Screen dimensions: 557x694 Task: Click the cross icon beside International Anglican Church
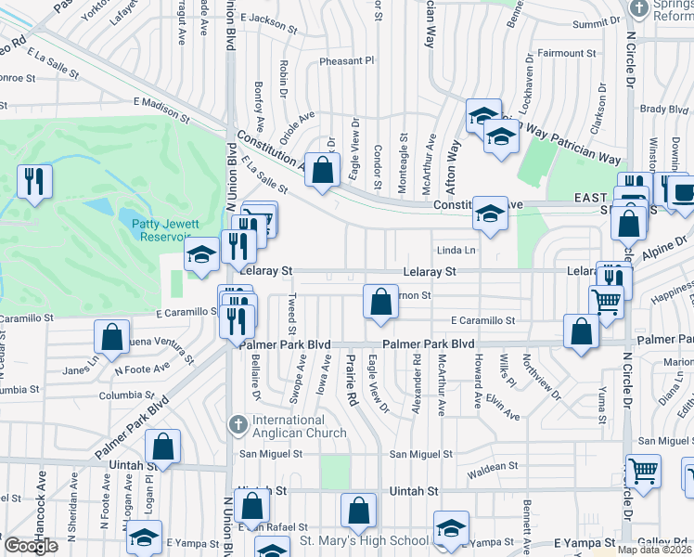[x=238, y=425]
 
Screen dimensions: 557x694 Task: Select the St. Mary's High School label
[x=364, y=541]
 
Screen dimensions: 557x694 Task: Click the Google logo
[x=31, y=546]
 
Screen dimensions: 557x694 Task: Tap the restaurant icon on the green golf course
[x=34, y=181]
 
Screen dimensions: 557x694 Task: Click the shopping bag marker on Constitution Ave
[x=322, y=171]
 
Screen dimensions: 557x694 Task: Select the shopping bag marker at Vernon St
[x=379, y=301]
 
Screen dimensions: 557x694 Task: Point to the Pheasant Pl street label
[x=346, y=61]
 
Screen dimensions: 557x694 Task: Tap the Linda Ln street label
[x=456, y=251]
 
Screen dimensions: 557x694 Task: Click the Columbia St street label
[x=126, y=396]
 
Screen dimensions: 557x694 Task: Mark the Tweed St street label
[x=291, y=316]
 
